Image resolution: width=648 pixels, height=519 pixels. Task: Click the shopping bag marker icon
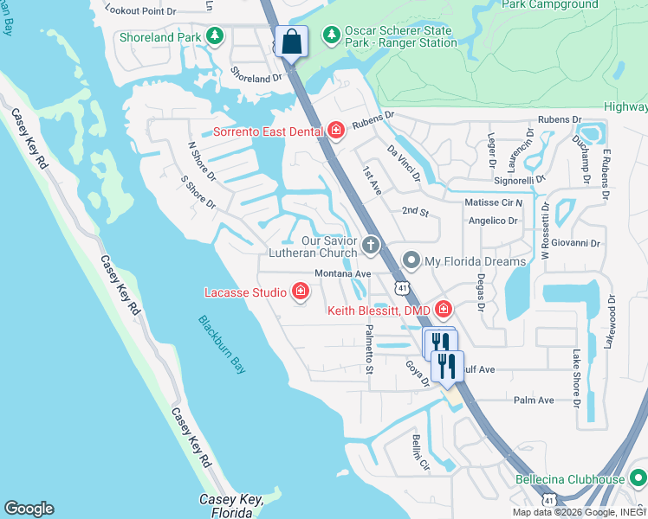292,41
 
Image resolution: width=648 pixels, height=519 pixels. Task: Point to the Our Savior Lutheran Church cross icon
371,245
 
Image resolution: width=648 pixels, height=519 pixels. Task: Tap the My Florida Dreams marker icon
411,260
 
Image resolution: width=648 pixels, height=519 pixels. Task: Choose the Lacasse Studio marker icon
301,292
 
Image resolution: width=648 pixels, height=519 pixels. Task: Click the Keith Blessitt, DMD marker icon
444,309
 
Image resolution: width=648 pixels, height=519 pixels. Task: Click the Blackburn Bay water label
223,344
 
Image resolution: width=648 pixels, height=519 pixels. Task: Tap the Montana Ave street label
342,274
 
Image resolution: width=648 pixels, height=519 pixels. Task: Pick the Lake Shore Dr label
576,376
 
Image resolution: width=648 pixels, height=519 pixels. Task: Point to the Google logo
29,509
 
